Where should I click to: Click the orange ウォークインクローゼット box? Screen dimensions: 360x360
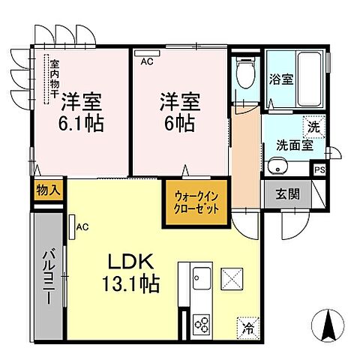(194, 202)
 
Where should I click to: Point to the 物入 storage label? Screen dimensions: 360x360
(48, 190)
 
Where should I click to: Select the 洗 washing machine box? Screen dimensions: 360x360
(315, 127)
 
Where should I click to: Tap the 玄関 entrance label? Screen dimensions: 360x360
(288, 193)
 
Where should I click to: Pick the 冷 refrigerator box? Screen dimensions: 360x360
(247, 327)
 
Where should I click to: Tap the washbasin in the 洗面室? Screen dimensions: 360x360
(277, 166)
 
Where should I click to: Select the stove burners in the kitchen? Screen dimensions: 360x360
(203, 325)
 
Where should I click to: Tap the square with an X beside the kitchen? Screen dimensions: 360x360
(233, 281)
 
